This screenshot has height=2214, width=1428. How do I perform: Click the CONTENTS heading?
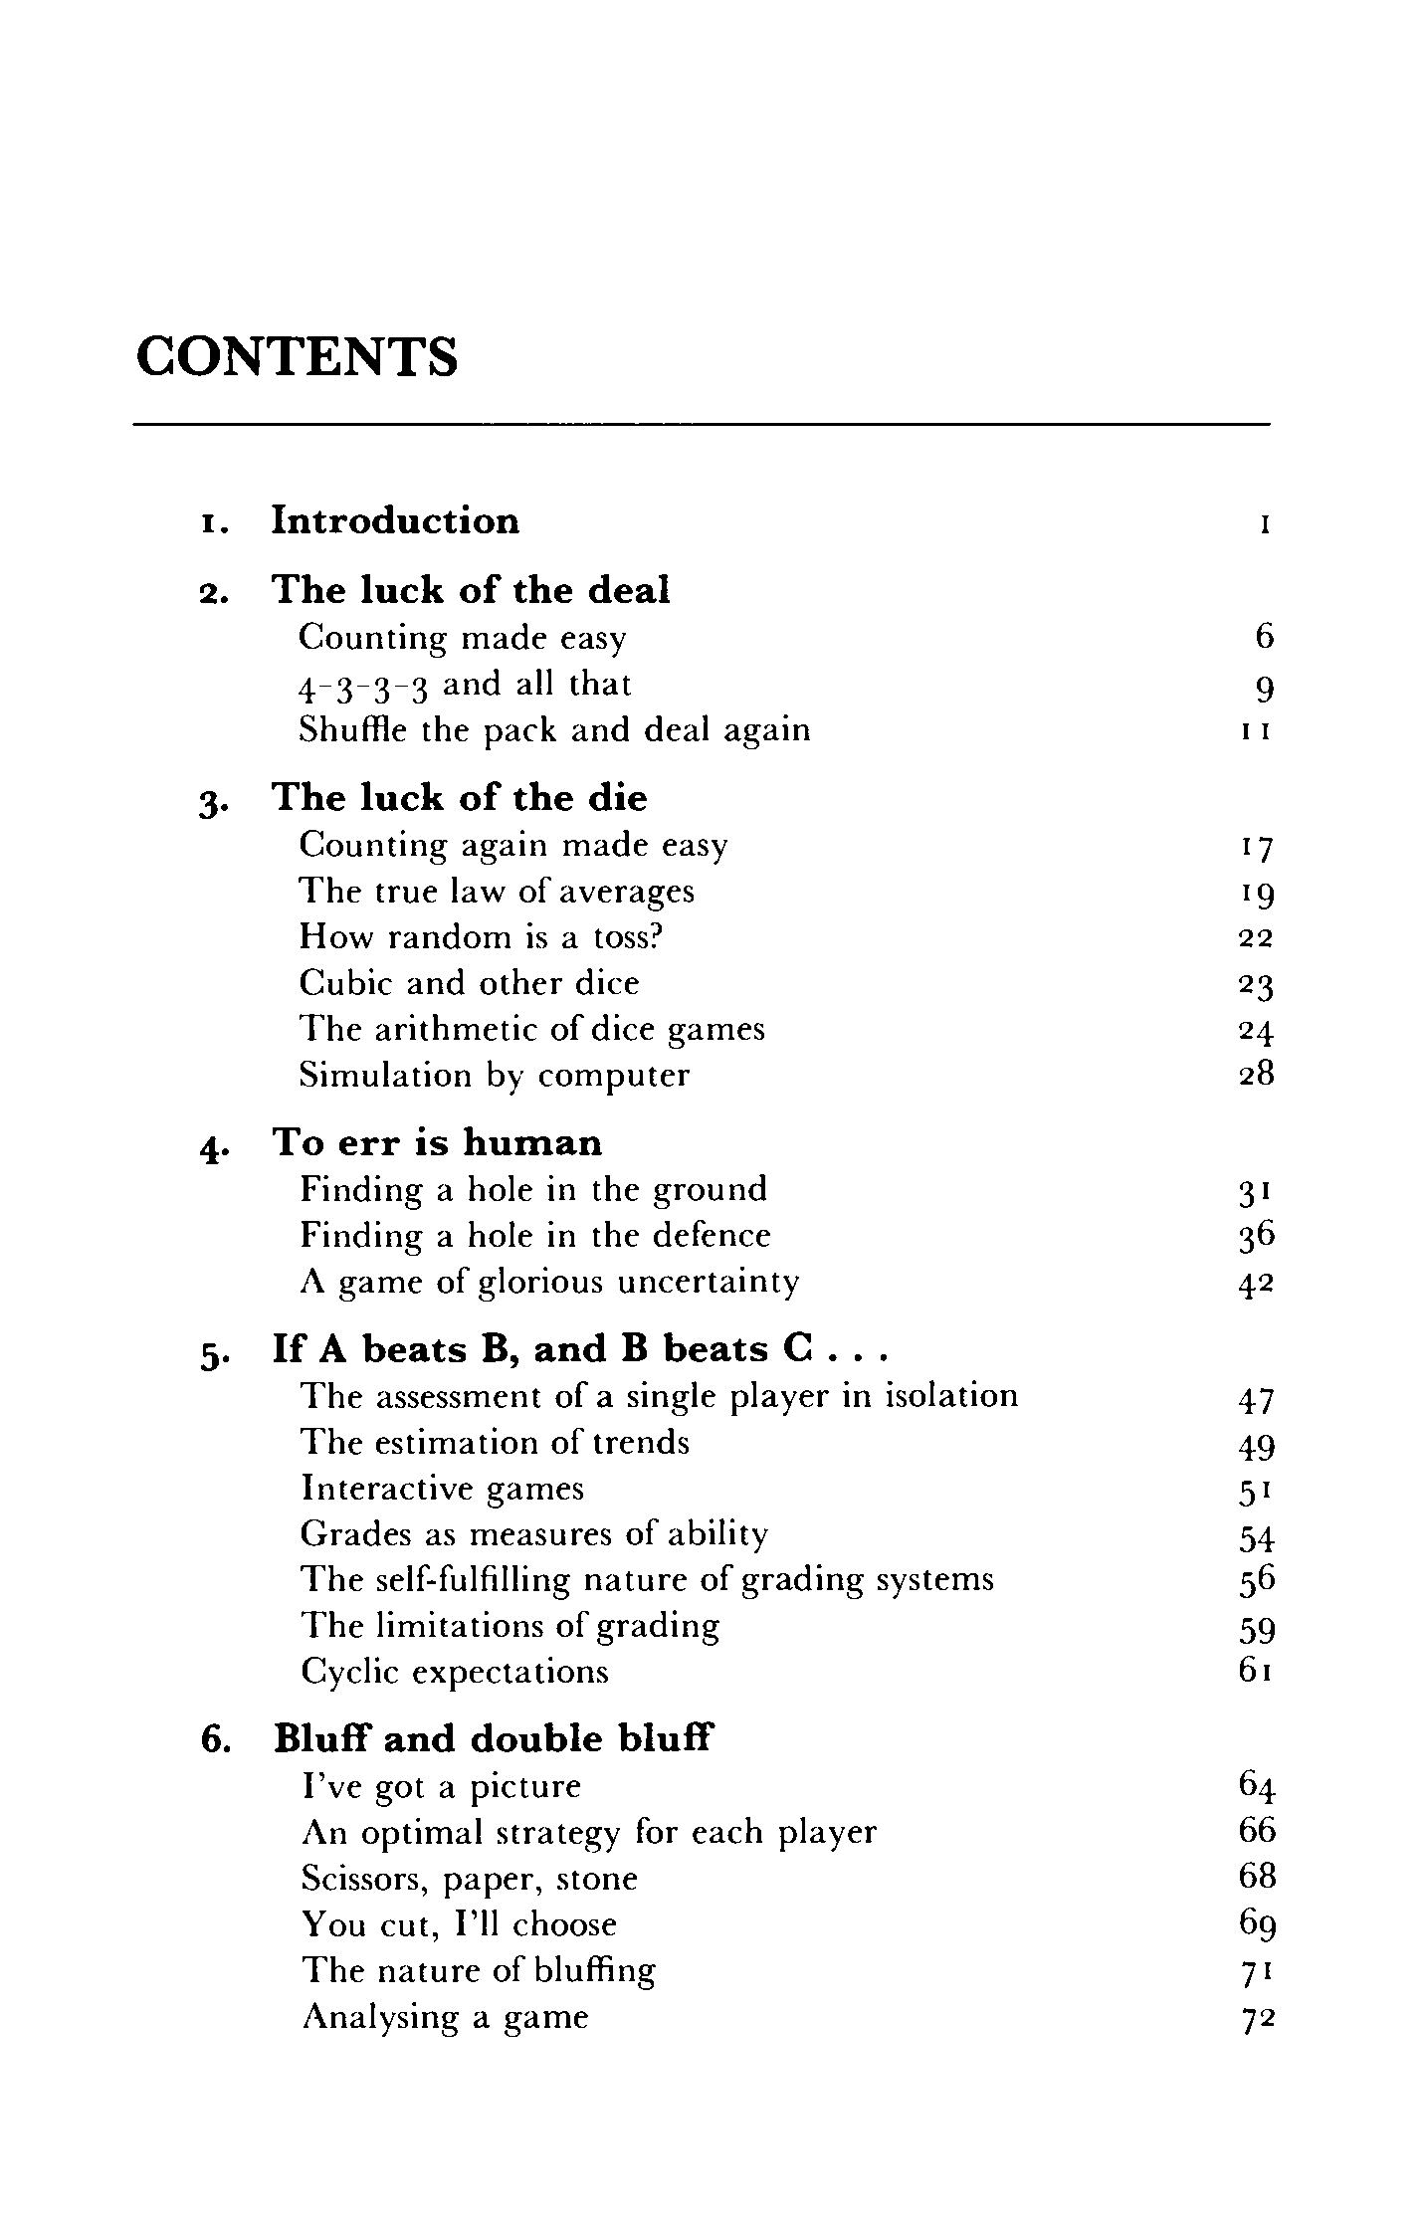[297, 356]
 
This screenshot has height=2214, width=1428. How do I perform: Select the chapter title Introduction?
[395, 521]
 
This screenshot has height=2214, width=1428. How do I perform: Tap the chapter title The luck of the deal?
[471, 590]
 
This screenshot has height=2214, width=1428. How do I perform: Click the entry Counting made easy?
[463, 638]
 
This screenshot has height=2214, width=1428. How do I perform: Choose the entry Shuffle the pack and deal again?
[554, 730]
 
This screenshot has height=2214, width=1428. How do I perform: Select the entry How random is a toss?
[481, 937]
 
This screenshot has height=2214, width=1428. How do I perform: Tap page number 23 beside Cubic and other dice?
[1256, 985]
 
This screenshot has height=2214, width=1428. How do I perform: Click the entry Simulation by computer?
[494, 1076]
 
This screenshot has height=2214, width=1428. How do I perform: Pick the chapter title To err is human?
[437, 1143]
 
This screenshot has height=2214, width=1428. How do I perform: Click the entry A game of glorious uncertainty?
[549, 1282]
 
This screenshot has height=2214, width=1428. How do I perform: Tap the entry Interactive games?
[442, 1489]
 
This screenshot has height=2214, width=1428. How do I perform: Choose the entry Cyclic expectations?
[455, 1672]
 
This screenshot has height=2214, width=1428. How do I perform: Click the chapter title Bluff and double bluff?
[494, 1740]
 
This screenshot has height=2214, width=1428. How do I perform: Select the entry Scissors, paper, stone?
[469, 1879]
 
